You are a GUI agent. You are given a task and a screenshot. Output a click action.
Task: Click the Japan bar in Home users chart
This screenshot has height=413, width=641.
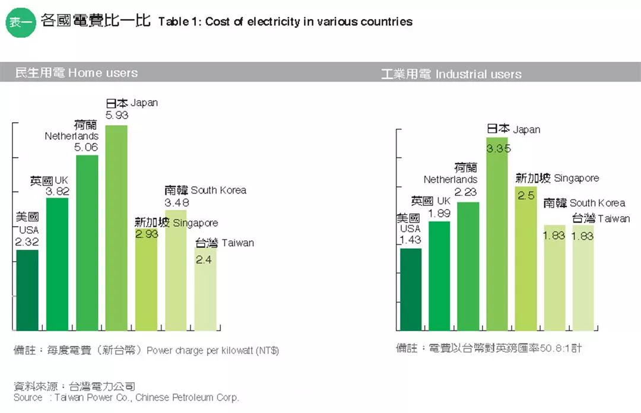[x=116, y=228]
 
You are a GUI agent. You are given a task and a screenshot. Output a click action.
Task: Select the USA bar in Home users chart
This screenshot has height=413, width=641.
[x=27, y=290]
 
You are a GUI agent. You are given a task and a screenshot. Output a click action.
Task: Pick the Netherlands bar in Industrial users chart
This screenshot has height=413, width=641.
[x=468, y=266]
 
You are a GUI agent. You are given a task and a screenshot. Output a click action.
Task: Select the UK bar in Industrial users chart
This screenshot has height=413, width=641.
[x=439, y=276]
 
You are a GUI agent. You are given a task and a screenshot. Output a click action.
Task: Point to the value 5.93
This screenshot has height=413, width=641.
[x=116, y=115]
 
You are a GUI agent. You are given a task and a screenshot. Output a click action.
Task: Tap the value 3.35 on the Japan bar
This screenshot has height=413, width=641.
[x=499, y=149]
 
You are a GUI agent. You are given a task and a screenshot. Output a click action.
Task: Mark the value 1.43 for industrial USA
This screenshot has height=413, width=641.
[x=410, y=240]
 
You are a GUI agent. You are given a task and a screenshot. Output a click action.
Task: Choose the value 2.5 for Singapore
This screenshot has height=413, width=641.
[x=526, y=195]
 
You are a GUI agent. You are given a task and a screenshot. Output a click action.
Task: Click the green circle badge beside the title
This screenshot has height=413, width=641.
[x=20, y=22]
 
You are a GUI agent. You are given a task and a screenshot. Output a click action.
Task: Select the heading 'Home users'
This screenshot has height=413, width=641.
[x=103, y=73]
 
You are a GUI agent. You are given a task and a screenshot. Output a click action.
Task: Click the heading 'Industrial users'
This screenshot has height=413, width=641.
[x=478, y=75]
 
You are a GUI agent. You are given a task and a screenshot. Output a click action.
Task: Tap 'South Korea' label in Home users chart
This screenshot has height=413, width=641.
[x=218, y=190]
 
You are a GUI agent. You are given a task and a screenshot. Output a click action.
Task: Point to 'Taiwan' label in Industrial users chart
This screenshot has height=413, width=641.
[x=614, y=218]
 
